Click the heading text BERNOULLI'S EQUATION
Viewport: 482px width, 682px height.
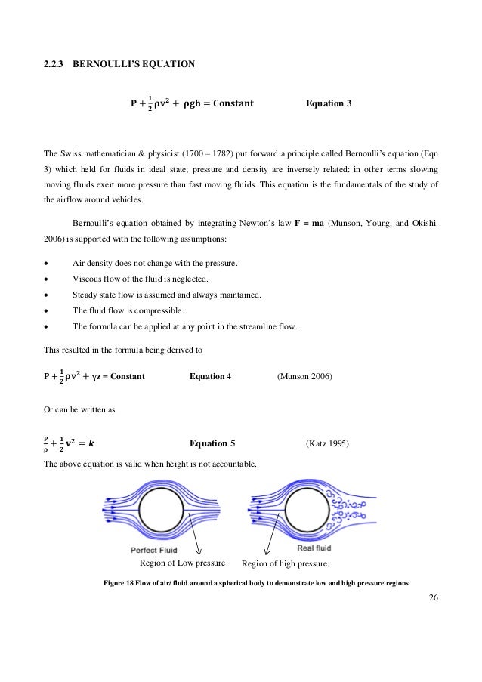[x=133, y=64]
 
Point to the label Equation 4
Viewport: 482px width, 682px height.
[x=210, y=375]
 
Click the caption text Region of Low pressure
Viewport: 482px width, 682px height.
[x=183, y=563]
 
